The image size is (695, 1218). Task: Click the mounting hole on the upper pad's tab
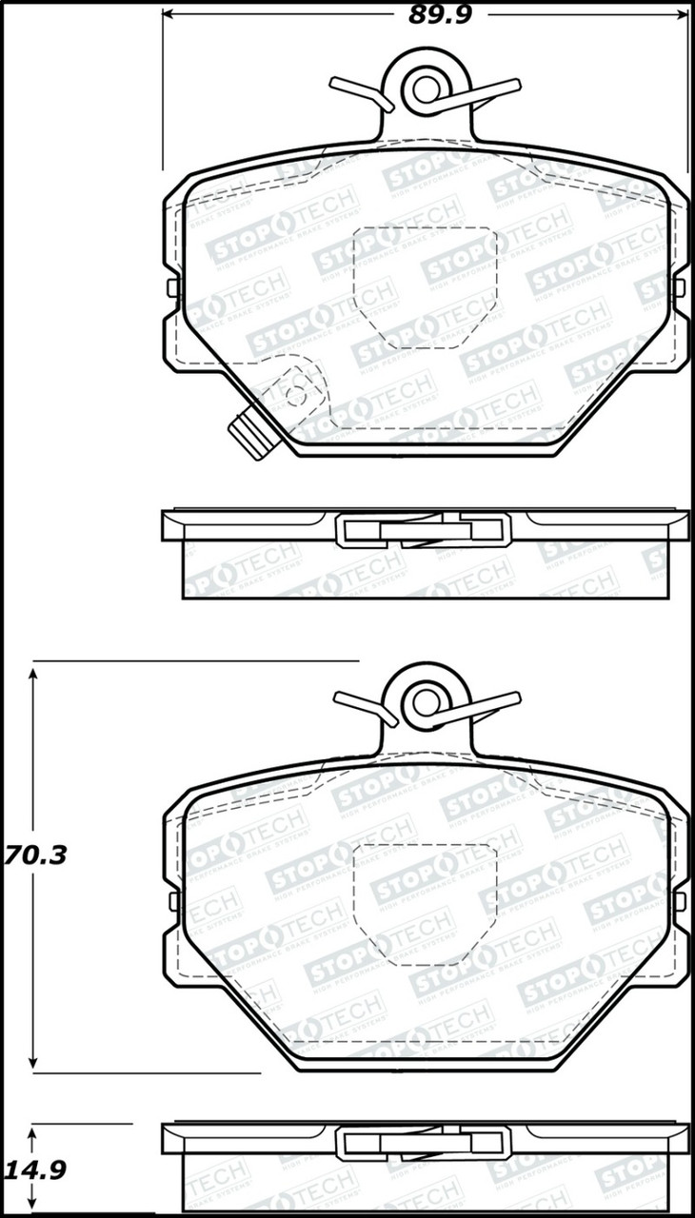(425, 88)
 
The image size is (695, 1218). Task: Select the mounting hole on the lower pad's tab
(425, 702)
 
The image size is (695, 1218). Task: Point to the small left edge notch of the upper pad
(171, 287)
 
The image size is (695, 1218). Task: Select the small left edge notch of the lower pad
(171, 900)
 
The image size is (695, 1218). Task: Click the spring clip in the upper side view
(424, 530)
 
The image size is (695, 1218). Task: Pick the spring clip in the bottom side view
(424, 1142)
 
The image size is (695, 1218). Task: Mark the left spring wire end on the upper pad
(352, 88)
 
